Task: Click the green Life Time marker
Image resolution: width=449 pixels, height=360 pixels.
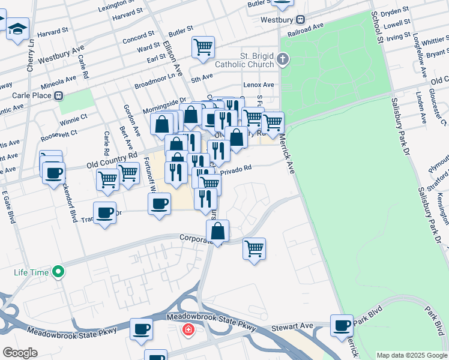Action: pyautogui.click(x=58, y=272)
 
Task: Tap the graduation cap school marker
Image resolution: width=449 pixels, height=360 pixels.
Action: pyautogui.click(x=17, y=28)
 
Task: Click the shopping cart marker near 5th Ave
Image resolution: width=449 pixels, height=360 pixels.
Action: pyautogui.click(x=203, y=47)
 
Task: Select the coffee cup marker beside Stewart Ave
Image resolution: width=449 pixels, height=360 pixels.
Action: pyautogui.click(x=342, y=325)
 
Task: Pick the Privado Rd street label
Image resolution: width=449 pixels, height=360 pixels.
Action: pyautogui.click(x=235, y=171)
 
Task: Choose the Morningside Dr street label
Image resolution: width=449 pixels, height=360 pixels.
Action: pyautogui.click(x=164, y=105)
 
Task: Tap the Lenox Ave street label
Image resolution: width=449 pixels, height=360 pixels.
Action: pyautogui.click(x=259, y=85)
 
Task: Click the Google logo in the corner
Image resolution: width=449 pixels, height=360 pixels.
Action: pyautogui.click(x=19, y=352)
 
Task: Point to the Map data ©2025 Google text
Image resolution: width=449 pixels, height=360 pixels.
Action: pyautogui.click(x=411, y=355)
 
